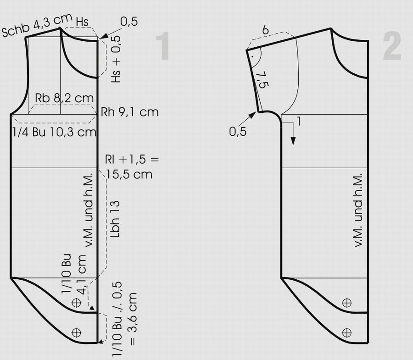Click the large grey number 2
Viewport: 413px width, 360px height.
click(392, 45)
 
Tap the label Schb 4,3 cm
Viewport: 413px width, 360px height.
click(37, 25)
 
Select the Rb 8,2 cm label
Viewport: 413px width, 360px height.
click(64, 98)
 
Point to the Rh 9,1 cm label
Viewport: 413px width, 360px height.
click(130, 112)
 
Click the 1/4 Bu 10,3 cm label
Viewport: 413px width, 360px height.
click(55, 132)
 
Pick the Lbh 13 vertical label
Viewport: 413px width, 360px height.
click(115, 220)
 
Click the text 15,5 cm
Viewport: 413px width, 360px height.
click(129, 174)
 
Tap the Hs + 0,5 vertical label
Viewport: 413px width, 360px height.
click(116, 60)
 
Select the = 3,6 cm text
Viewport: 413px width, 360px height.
click(133, 319)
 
